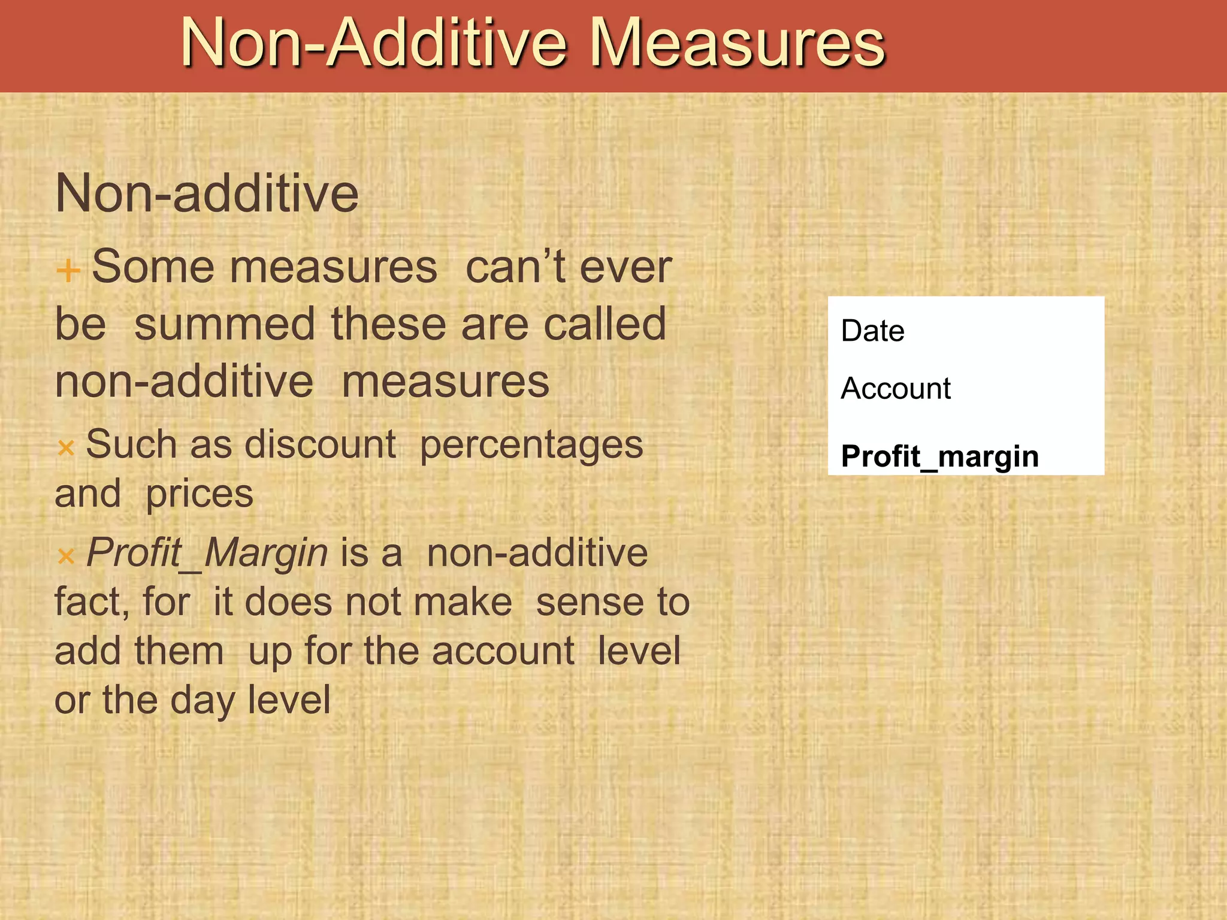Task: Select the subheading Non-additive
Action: point(207,193)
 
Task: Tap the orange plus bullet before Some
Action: point(68,270)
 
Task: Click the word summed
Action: point(224,324)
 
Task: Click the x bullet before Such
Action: point(66,447)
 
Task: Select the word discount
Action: point(320,445)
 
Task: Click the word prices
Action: point(200,495)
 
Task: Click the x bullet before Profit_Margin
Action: point(66,556)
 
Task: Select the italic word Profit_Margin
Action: point(207,553)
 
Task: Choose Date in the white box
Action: point(872,331)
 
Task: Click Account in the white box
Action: point(896,389)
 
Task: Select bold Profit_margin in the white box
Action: point(939,456)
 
